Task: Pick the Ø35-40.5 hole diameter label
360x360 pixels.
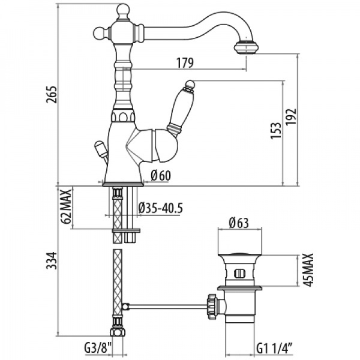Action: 160,208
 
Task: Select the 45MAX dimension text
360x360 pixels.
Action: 310,272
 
